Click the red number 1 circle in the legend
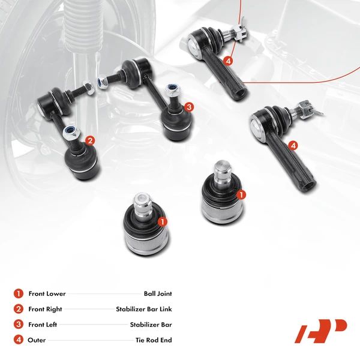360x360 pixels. (18, 294)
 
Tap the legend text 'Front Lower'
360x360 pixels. (47, 294)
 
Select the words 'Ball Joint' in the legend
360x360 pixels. (158, 294)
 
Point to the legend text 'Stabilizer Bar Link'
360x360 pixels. (144, 310)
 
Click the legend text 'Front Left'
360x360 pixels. (44, 325)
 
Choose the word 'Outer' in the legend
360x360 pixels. (37, 340)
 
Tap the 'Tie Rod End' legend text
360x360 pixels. (153, 340)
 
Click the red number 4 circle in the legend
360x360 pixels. (18, 340)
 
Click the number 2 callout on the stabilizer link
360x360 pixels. (89, 141)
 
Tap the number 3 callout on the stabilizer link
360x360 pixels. (188, 107)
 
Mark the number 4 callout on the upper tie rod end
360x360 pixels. (229, 61)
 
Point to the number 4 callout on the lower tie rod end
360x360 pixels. (292, 145)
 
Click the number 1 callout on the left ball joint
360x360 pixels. (161, 221)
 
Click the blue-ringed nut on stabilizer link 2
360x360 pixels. (70, 131)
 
